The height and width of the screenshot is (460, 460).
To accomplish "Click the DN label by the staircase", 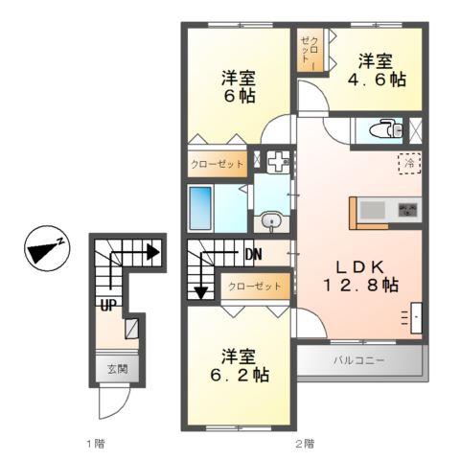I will coord(255,255).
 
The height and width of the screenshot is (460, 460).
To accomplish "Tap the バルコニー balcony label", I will coord(359,361).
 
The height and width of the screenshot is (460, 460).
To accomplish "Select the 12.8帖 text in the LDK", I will coord(359,285).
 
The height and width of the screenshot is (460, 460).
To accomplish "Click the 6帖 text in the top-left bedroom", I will coord(240,96).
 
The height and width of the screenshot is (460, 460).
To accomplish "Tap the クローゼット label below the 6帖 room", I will coord(217,165).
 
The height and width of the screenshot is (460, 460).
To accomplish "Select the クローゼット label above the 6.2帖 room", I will coord(255,286).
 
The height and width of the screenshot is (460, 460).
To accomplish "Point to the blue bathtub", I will coord(201,206).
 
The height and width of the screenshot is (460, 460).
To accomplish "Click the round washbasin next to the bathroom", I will coord(271,222).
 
